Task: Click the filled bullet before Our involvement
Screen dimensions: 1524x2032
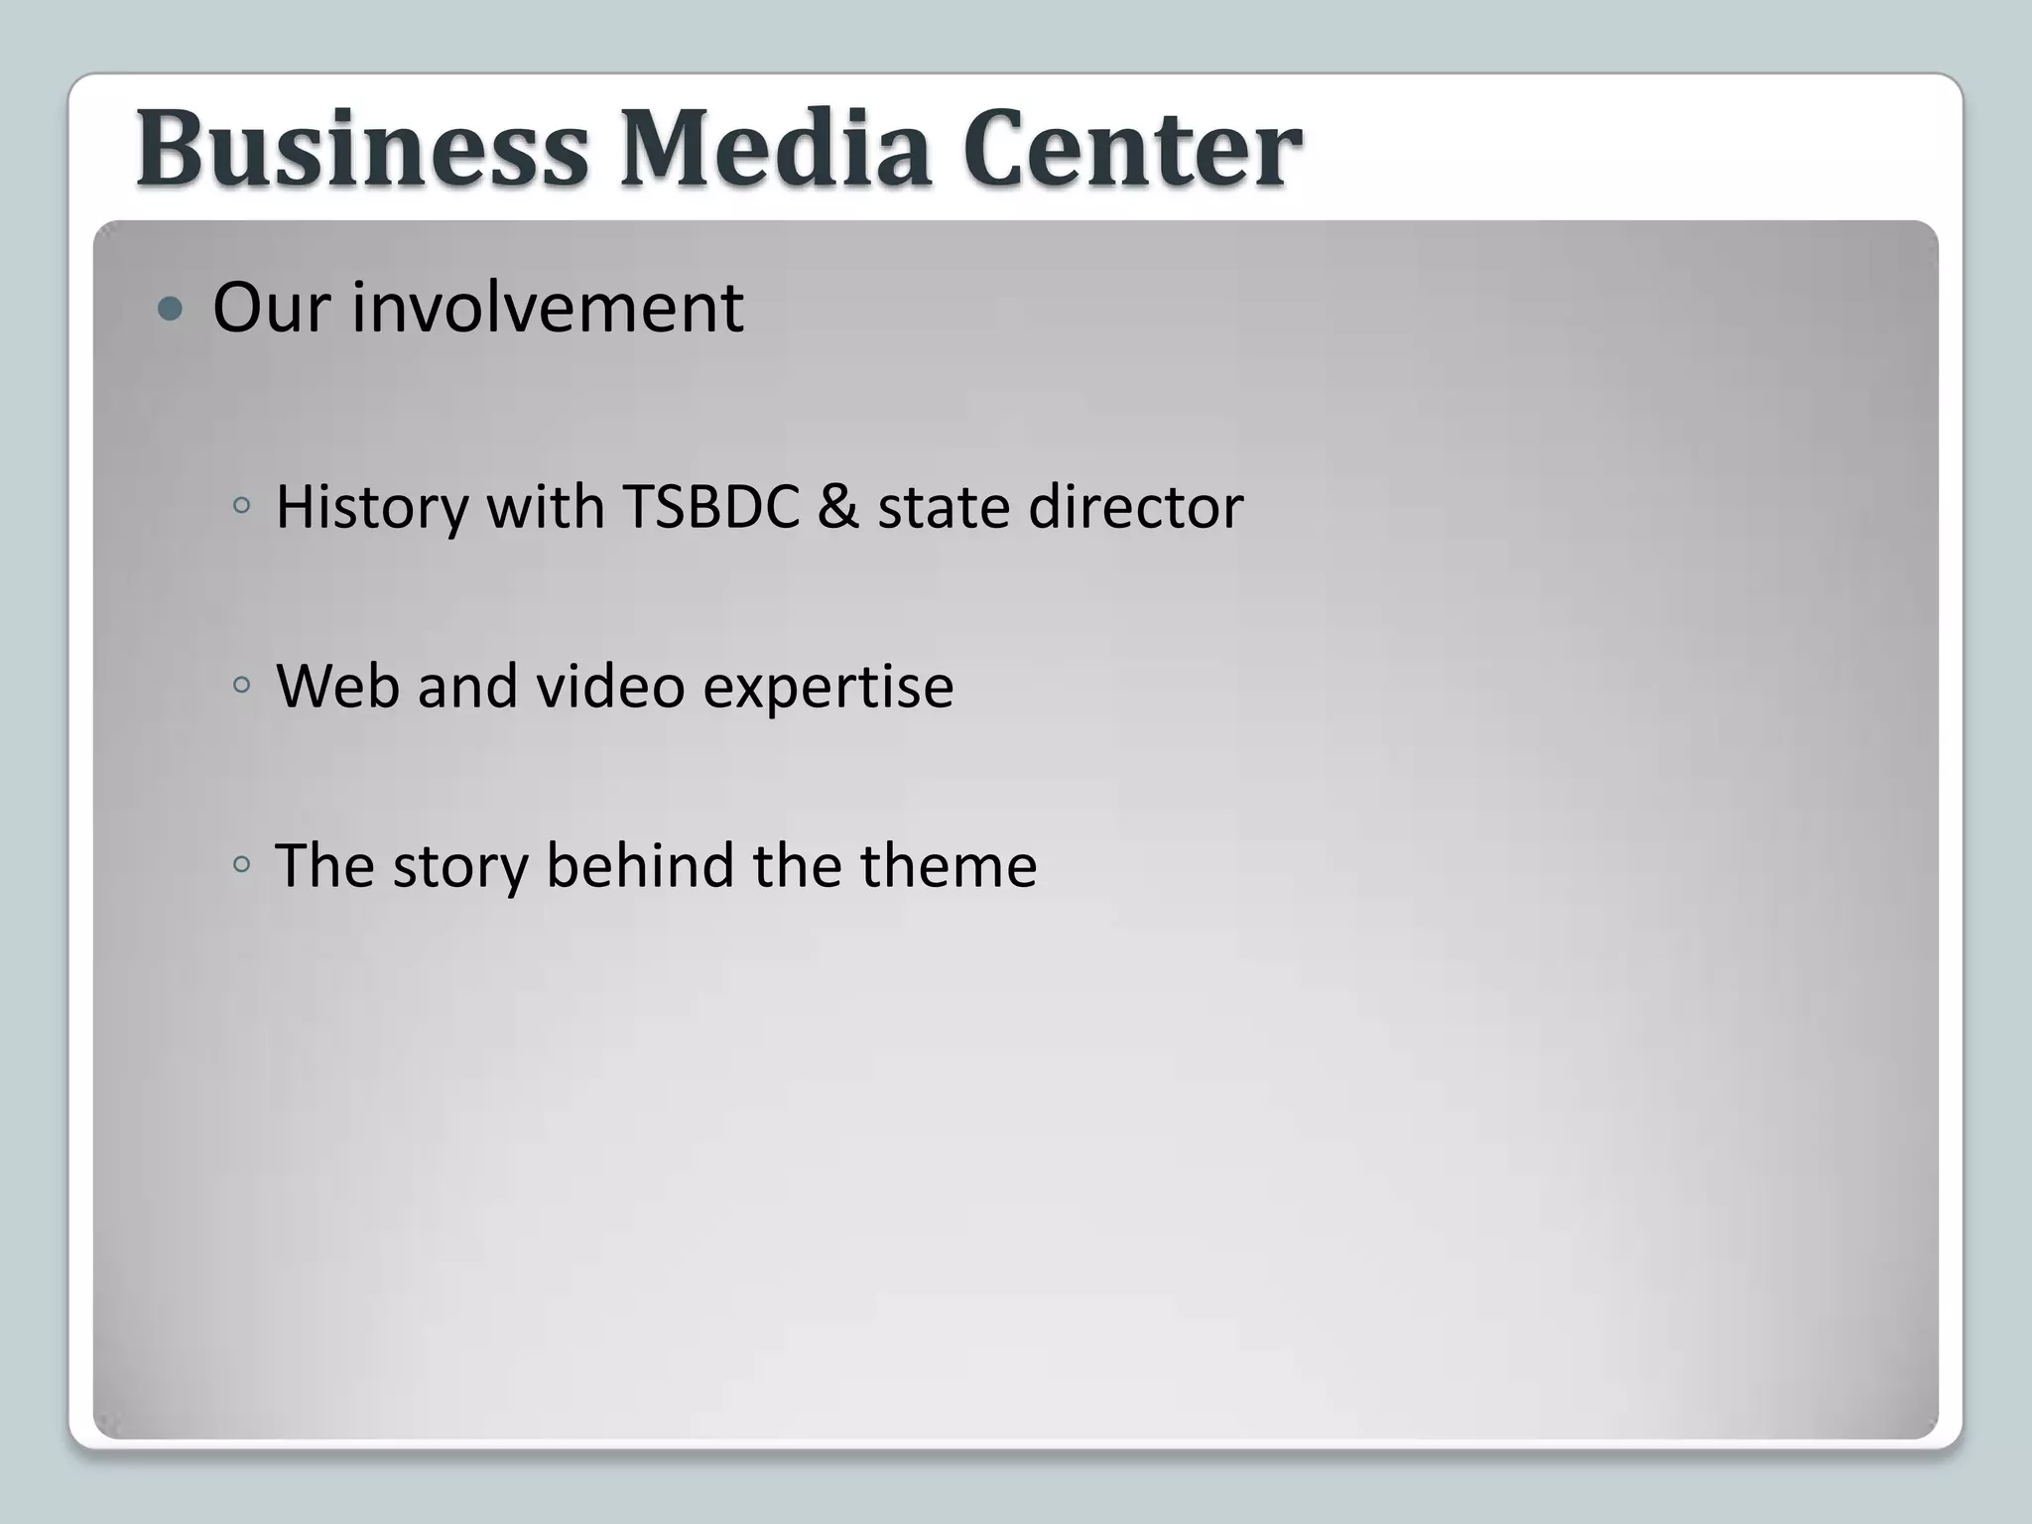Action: click(171, 310)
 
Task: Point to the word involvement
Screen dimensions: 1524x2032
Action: click(548, 308)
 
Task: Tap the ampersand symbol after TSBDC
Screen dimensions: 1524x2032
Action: click(838, 507)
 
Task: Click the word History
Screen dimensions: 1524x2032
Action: click(371, 507)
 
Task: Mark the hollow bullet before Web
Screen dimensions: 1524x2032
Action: click(241, 685)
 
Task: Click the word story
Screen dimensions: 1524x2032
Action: click(460, 867)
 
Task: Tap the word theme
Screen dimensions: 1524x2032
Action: click(949, 865)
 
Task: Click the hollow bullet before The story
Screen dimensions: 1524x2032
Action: click(241, 864)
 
